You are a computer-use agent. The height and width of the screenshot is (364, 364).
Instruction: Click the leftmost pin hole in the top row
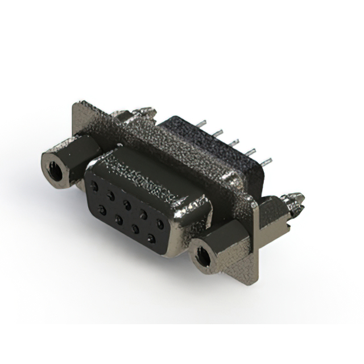(94, 186)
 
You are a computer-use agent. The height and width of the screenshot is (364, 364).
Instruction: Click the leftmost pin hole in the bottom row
(102, 210)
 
